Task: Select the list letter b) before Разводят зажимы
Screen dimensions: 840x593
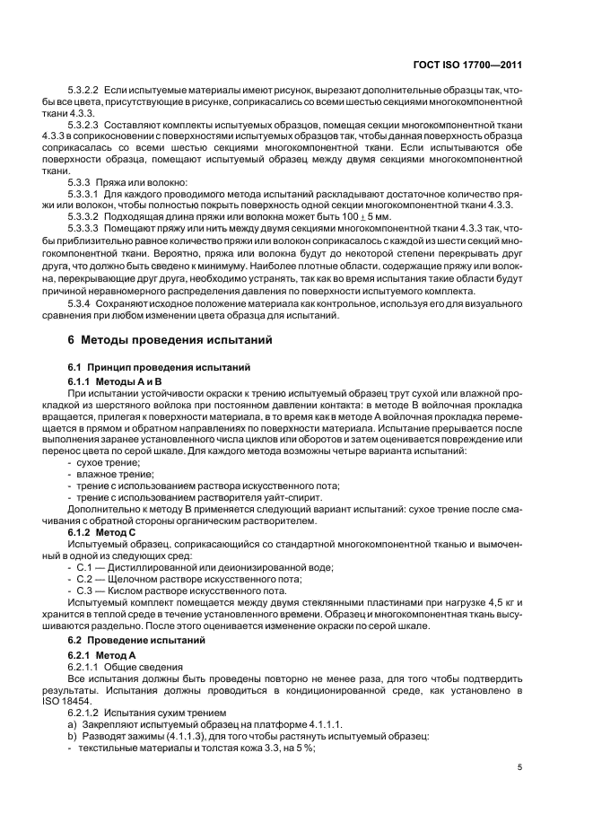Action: (x=73, y=737)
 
